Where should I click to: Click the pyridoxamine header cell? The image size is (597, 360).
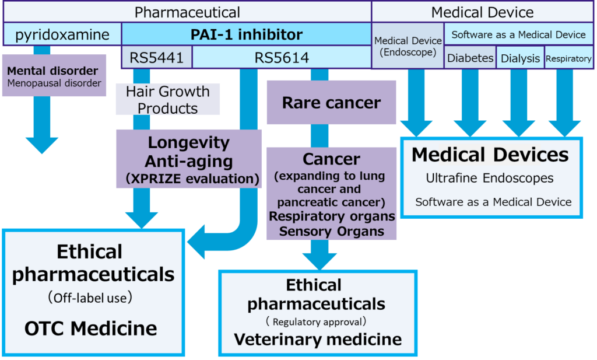coord(62,34)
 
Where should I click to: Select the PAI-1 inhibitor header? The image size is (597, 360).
coord(246,34)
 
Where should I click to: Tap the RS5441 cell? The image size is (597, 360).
coord(156,57)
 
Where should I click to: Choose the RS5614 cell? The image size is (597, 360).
coord(282,57)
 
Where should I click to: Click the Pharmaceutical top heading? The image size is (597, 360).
coord(187,12)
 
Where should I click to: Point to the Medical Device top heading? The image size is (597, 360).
coord(483,12)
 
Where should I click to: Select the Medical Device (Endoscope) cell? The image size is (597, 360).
coord(408,46)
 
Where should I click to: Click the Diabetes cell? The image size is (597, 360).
coord(470,58)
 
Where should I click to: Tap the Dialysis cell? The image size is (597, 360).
coord(520,58)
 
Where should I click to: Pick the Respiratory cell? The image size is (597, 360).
coord(568,58)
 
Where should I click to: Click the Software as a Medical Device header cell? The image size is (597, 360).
coord(518,34)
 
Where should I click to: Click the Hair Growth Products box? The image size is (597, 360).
coord(168,99)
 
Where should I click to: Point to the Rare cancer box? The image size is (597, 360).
coord(331,103)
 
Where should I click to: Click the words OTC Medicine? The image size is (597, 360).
coord(90,328)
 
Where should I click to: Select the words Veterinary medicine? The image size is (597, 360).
coord(318,339)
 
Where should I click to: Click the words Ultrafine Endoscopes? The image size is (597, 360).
coord(489,178)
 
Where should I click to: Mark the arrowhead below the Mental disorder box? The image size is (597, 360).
coord(42,145)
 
